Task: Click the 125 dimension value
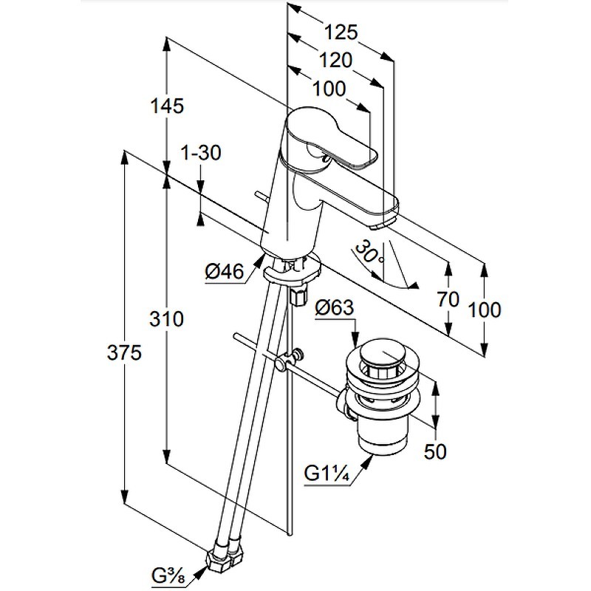341,33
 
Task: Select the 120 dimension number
335,60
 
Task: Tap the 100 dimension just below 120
329,89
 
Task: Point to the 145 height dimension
168,106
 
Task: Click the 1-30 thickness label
201,153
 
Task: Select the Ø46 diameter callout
224,272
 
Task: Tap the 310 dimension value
167,320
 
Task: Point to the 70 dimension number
448,298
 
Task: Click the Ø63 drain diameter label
335,309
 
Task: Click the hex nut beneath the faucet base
299,295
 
